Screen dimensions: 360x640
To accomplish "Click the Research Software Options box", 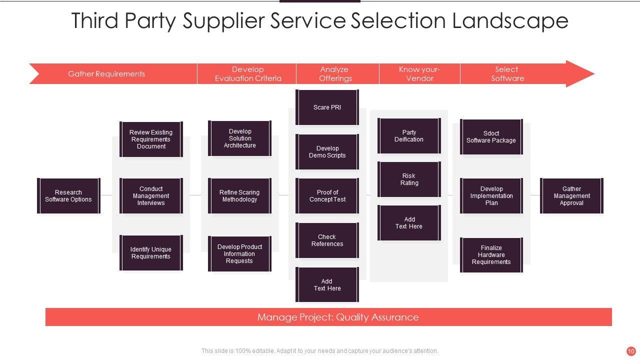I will point(68,196).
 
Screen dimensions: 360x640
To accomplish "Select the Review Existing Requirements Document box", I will point(151,139).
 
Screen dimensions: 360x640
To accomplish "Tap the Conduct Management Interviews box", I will point(151,196).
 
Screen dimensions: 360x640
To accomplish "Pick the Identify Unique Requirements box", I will point(151,253).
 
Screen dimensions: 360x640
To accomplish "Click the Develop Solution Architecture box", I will point(239,138).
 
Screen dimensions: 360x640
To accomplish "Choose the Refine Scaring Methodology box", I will point(239,196).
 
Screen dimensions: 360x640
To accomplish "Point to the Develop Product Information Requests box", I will point(239,254).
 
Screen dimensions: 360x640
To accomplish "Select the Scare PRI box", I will point(327,107).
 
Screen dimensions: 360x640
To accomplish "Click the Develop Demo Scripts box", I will point(327,152).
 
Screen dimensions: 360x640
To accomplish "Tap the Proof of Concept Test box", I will point(327,196).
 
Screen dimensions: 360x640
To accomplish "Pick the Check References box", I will point(327,240).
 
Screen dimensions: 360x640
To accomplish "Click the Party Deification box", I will point(409,136).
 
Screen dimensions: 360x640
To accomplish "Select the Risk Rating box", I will point(409,179).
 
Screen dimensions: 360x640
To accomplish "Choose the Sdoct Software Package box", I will point(491,137).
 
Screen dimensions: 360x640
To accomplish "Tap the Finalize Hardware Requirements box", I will point(491,255).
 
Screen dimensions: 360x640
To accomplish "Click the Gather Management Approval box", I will point(571,196).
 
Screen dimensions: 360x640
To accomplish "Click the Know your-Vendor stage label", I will point(419,74).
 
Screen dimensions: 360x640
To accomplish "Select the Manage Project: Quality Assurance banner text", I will point(338,317).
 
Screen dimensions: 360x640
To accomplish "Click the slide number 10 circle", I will point(631,351).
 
